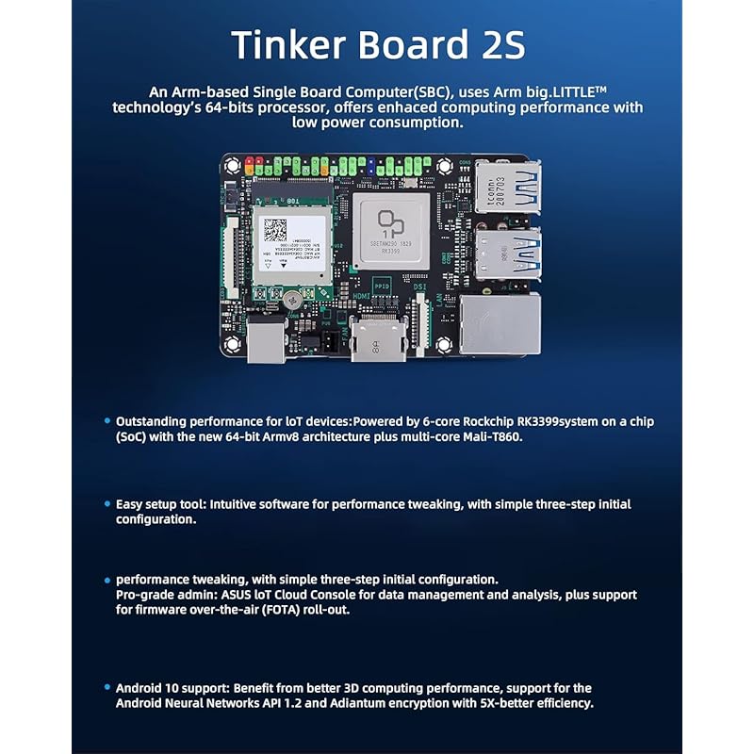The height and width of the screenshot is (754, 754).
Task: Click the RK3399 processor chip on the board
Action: (390, 230)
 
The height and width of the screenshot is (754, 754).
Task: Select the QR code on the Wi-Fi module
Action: (274, 230)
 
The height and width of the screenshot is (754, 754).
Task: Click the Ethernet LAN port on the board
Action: (499, 322)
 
